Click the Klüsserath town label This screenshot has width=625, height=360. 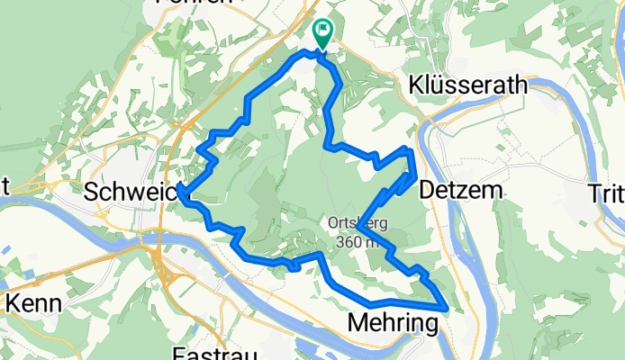[x=466, y=86]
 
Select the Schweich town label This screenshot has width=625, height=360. [x=131, y=191]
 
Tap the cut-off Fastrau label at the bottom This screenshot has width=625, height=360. [x=208, y=353]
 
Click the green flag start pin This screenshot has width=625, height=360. [x=322, y=33]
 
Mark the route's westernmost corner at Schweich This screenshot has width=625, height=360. [x=182, y=190]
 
